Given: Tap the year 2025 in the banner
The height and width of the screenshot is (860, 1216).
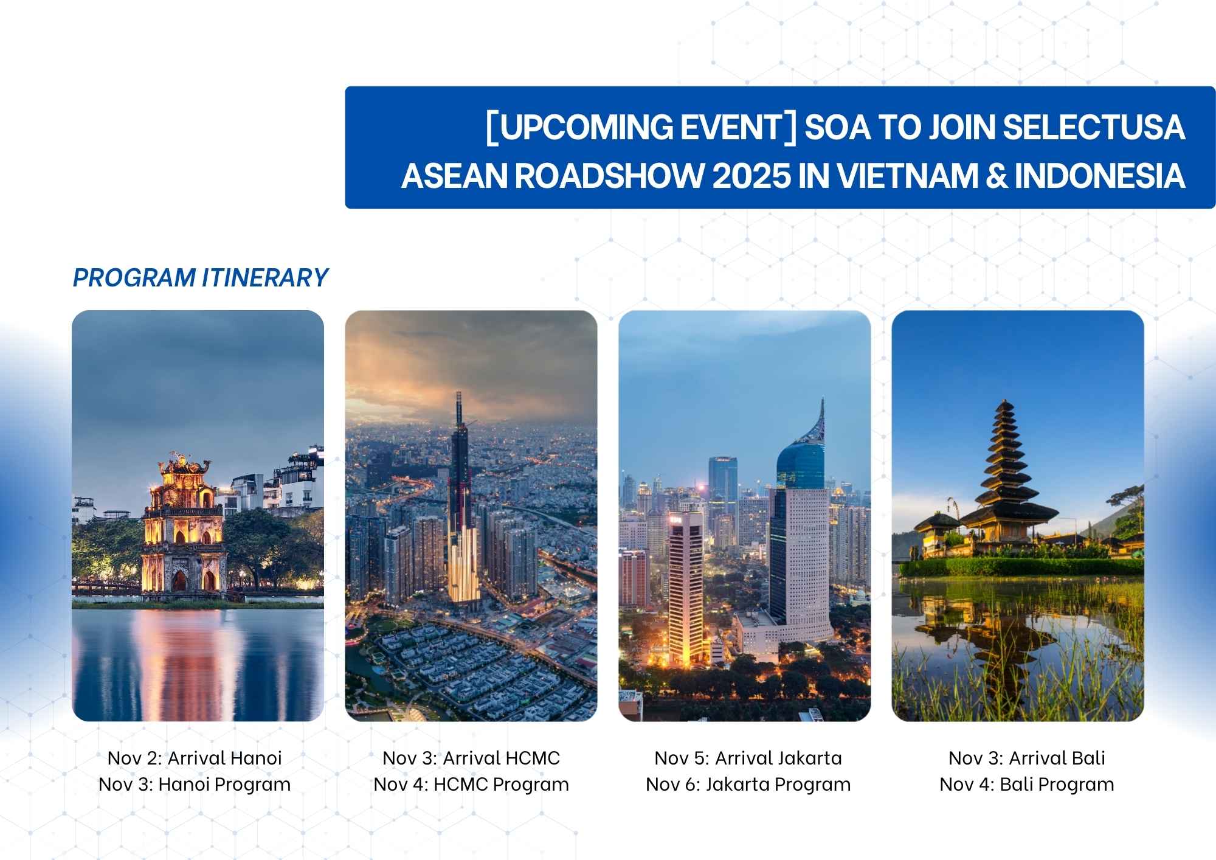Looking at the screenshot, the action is pos(751,176).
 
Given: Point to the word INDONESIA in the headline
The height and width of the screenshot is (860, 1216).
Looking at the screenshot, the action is pos(1100,176).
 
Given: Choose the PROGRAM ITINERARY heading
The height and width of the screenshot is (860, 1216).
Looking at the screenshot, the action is pos(200,278).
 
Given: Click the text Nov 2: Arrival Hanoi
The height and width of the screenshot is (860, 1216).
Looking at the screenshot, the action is pos(195,758).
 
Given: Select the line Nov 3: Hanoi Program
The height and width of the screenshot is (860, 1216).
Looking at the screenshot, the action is pos(195,785).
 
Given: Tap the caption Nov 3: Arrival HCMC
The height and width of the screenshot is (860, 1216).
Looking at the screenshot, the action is pos(471,758).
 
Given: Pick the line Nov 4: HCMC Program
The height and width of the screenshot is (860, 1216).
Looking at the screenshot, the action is pos(471,785).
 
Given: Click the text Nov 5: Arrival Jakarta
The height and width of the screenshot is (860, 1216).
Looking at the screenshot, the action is pos(748,758).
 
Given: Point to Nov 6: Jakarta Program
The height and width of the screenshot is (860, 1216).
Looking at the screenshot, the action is pos(748,785).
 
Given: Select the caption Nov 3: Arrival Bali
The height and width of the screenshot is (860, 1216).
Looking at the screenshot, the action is pos(1027,758).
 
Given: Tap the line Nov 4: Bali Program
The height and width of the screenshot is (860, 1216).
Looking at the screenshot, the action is pos(1027,785).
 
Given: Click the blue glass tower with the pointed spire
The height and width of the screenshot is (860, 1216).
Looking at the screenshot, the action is pos(801,523).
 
